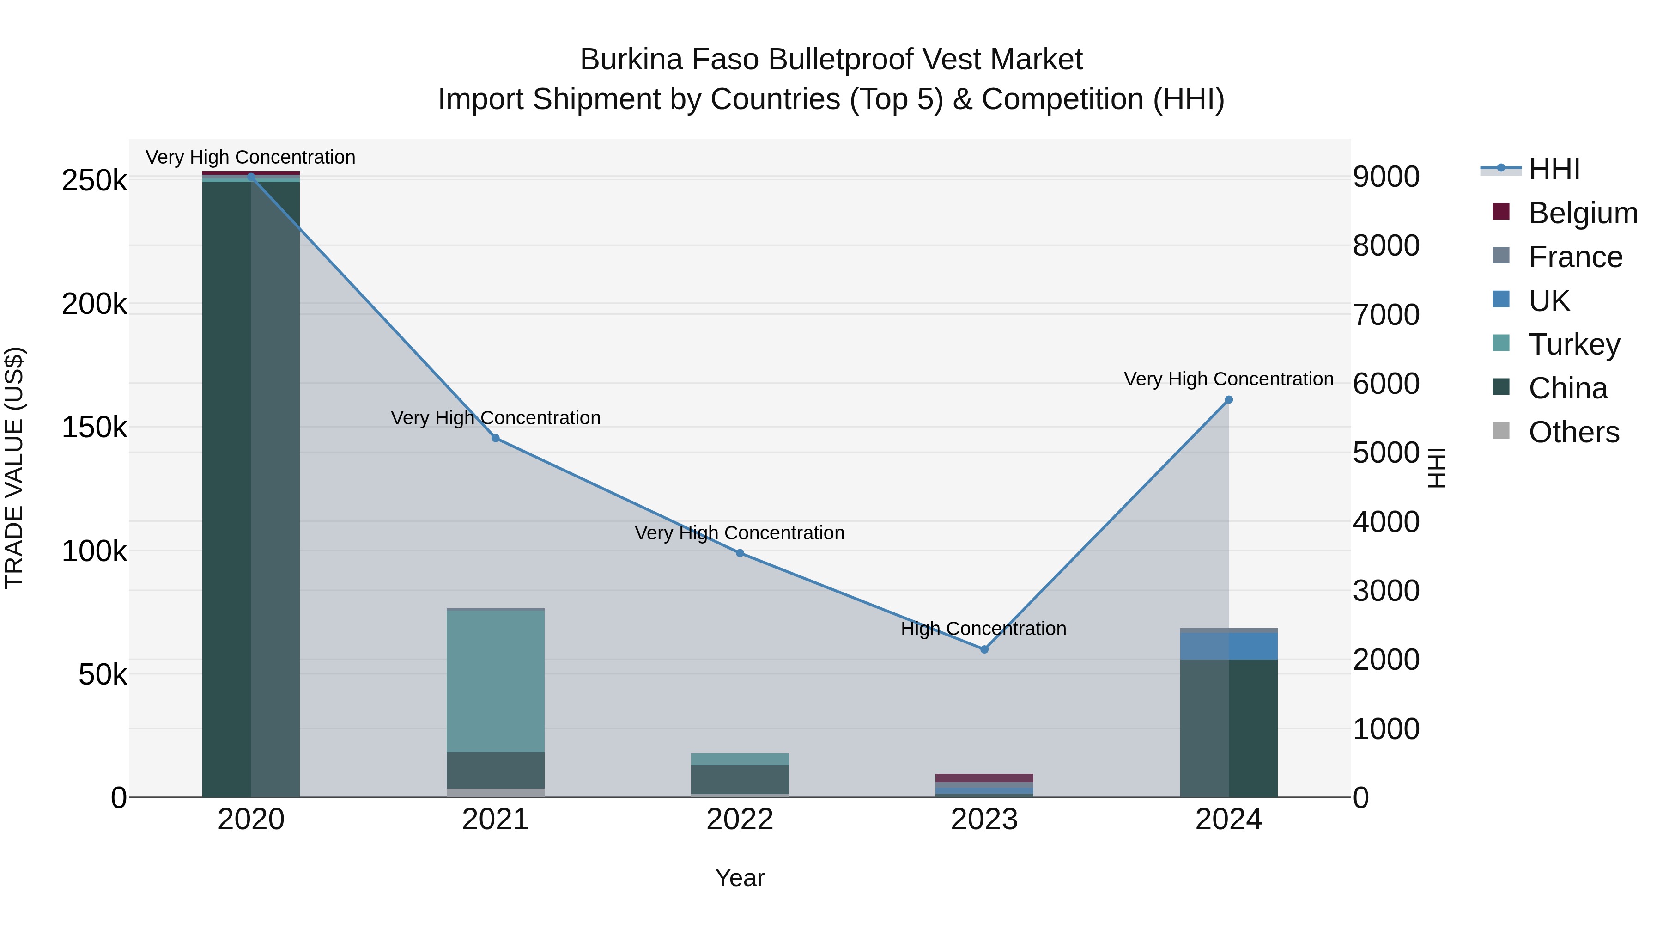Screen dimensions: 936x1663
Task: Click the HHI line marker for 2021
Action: [x=495, y=438]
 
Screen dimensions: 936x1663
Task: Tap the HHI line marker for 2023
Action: [x=984, y=649]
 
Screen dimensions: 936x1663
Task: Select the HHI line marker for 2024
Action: [x=1228, y=400]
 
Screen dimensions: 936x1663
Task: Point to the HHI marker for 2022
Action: [x=740, y=553]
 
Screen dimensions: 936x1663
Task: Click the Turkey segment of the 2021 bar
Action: [x=495, y=681]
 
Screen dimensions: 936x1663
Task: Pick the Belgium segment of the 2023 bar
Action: [x=984, y=778]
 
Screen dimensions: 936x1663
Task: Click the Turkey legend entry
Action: [x=1574, y=344]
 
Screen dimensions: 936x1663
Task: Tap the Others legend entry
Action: [x=1573, y=432]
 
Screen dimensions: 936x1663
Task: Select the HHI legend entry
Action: [x=1554, y=169]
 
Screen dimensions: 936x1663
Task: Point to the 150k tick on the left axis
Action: [x=94, y=427]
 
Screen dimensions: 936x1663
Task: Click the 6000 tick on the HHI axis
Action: [x=1386, y=384]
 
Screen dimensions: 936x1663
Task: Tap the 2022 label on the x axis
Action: [x=740, y=820]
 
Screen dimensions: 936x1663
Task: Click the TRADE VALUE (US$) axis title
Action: [x=14, y=468]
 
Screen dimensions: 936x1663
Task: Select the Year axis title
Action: [x=740, y=878]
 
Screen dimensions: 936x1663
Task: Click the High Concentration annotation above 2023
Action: [x=983, y=629]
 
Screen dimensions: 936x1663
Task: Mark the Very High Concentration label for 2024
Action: [x=1228, y=379]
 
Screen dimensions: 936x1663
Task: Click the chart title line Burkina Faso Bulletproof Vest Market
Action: [x=831, y=60]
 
